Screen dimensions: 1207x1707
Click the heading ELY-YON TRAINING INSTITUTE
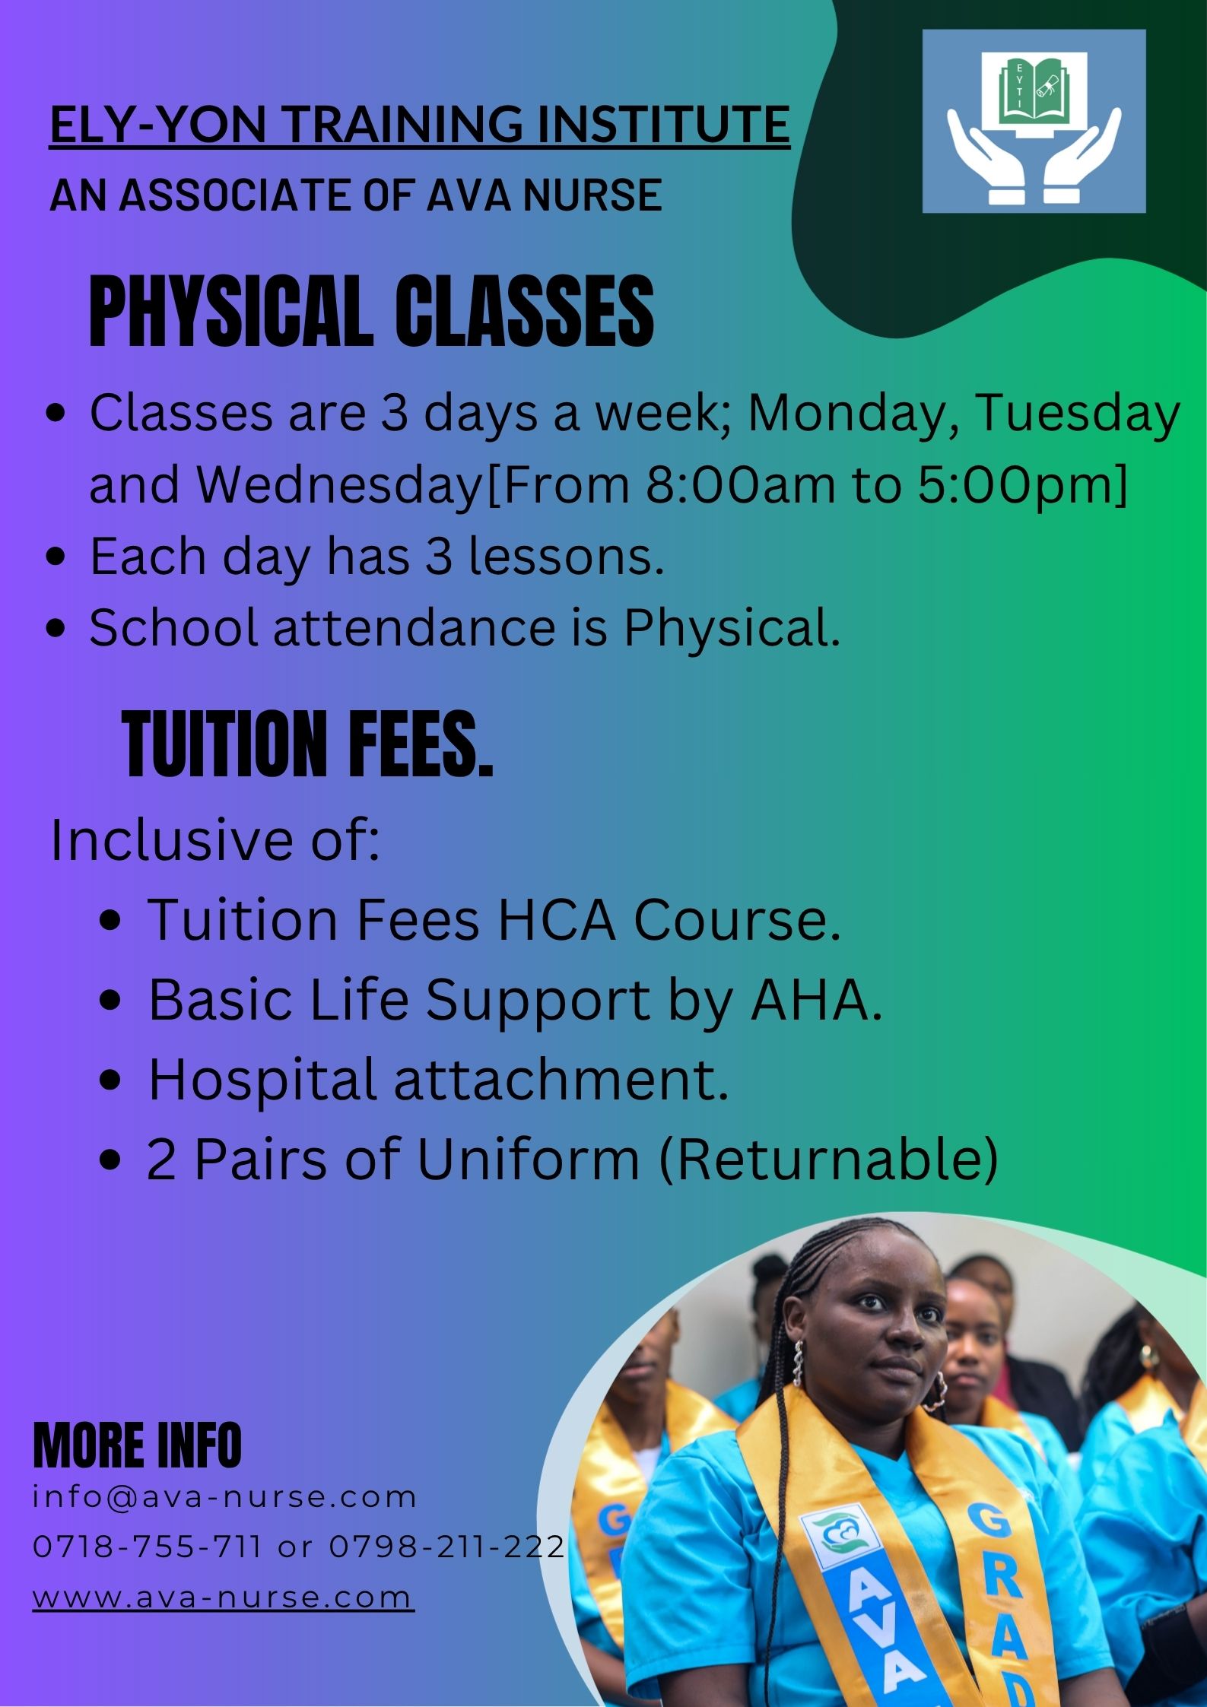420,125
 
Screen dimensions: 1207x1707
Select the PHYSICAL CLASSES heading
372,313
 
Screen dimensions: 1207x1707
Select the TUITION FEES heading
308,744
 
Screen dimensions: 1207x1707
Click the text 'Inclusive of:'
215,840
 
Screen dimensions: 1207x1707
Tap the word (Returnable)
828,1160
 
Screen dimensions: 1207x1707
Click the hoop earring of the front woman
934,1389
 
